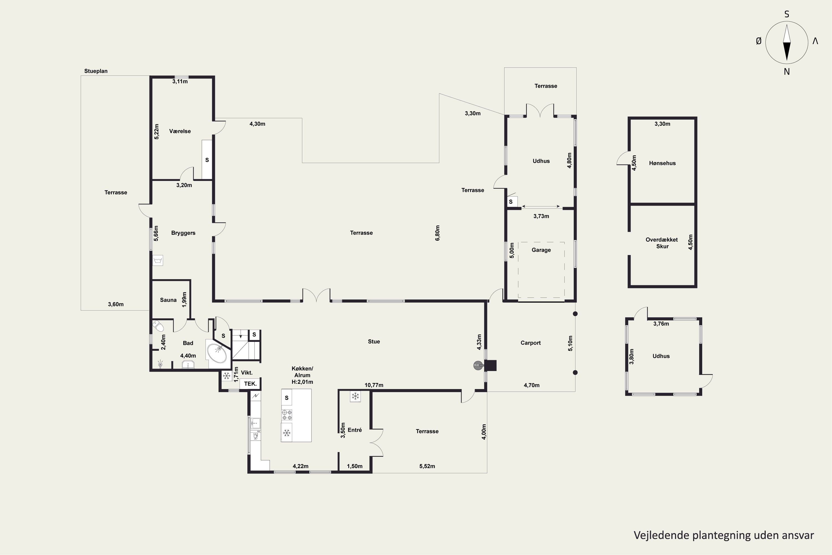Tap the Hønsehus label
662,163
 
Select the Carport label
531,343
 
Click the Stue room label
374,342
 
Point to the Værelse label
180,131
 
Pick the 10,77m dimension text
374,385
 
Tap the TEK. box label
250,384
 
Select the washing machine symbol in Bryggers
158,261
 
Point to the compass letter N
787,72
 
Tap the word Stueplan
96,71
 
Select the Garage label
541,250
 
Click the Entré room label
355,430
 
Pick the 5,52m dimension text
427,466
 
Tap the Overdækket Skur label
662,243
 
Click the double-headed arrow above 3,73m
541,206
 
